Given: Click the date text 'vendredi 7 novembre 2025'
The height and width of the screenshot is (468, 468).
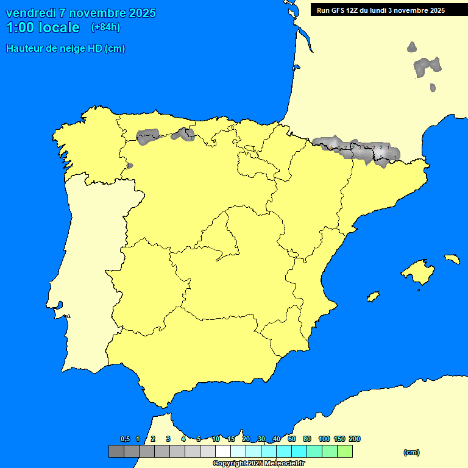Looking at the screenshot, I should [x=80, y=13].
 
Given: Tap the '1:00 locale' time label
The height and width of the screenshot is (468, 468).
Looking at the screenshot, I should [x=43, y=27].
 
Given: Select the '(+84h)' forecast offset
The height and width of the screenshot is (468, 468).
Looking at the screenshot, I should [x=105, y=27].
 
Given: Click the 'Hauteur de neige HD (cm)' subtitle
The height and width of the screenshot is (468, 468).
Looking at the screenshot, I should [x=65, y=49].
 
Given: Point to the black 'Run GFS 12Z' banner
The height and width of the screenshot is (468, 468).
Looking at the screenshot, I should [x=381, y=10].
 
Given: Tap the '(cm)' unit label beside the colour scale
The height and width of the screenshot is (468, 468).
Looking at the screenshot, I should [x=411, y=452].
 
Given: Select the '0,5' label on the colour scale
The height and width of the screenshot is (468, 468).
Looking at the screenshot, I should [x=125, y=439].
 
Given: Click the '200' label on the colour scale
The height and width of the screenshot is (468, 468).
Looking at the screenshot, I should [x=354, y=439].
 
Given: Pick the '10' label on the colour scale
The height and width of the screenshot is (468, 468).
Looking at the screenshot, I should [x=216, y=439].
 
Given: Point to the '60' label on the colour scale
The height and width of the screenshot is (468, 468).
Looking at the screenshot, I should [x=292, y=439].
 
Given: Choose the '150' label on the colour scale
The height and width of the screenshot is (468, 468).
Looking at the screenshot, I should [x=339, y=439].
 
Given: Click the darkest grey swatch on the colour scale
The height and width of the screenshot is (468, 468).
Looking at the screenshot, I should [x=116, y=452].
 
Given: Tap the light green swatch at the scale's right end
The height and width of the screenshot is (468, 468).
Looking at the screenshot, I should [x=345, y=452].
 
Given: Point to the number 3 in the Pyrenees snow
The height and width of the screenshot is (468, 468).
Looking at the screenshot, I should [x=360, y=147].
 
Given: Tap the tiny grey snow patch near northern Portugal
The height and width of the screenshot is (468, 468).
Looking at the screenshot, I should [x=129, y=165].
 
